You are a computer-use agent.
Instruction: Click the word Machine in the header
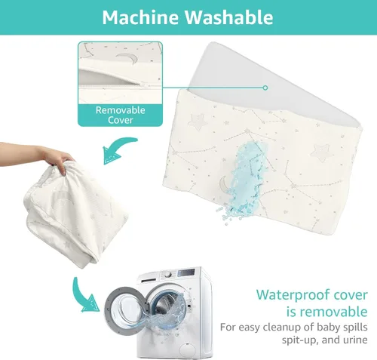(x=141, y=17)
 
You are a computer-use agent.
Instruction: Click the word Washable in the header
(x=229, y=17)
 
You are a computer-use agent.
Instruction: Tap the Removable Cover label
(x=120, y=115)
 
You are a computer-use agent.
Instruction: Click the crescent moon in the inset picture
(x=127, y=58)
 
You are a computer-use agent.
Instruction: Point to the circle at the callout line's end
(x=265, y=88)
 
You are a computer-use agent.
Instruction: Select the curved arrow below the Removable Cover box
(x=118, y=150)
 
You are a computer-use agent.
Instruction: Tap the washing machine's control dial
(x=168, y=274)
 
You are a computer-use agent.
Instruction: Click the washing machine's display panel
(x=186, y=272)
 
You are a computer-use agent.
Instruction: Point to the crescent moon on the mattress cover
(x=224, y=183)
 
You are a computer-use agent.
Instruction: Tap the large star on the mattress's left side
(x=198, y=122)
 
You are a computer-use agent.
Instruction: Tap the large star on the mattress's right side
(x=320, y=152)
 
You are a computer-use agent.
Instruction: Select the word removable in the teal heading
(x=333, y=312)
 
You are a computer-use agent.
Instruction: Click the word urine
(x=357, y=340)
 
